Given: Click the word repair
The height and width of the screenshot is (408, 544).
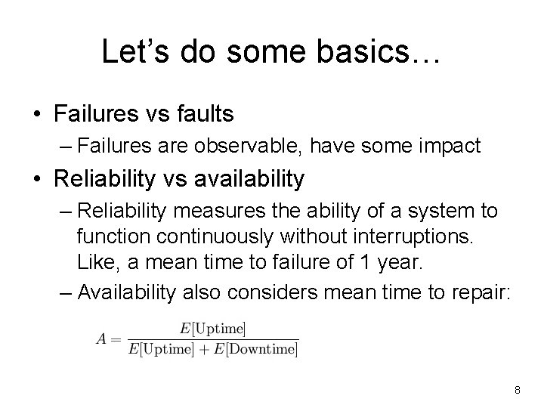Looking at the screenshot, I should click(482, 293).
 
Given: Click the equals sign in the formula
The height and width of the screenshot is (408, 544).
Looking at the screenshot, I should click(117, 338).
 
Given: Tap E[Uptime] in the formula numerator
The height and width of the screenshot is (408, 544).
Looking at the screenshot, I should click(213, 329).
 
